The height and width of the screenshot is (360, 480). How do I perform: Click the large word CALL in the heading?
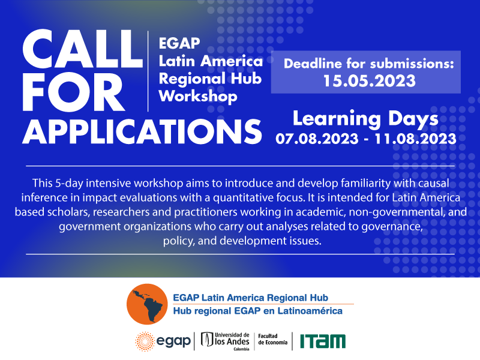coord(80,50)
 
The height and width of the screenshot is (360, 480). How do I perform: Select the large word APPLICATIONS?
coord(142,130)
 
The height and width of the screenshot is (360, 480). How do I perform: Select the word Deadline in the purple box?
coord(315,62)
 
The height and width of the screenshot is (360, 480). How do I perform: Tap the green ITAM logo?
coord(323,341)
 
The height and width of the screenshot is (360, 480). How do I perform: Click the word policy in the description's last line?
coord(176,241)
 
